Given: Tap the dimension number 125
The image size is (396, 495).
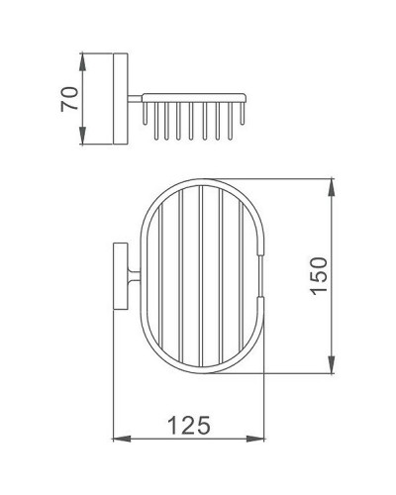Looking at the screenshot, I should [x=187, y=427].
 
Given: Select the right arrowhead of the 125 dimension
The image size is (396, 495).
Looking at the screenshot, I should [x=262, y=438].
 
